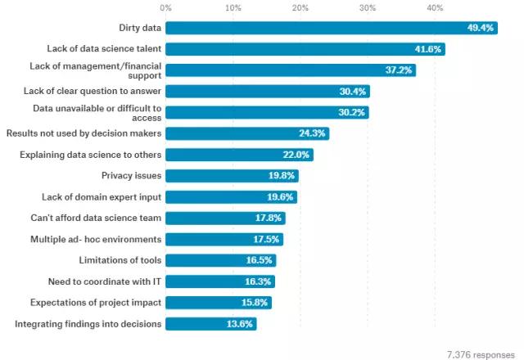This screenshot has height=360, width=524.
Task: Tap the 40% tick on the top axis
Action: (x=435, y=7)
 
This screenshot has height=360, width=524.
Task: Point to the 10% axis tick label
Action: (x=233, y=7)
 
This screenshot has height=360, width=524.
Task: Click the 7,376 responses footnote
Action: (x=481, y=353)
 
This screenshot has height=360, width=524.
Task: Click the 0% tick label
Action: (x=166, y=7)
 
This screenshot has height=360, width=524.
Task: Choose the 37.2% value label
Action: (x=400, y=70)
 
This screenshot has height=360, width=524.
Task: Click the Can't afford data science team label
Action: (x=96, y=218)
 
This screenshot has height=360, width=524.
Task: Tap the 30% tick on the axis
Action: (x=368, y=7)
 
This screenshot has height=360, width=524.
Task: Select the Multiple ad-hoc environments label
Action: (x=96, y=239)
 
